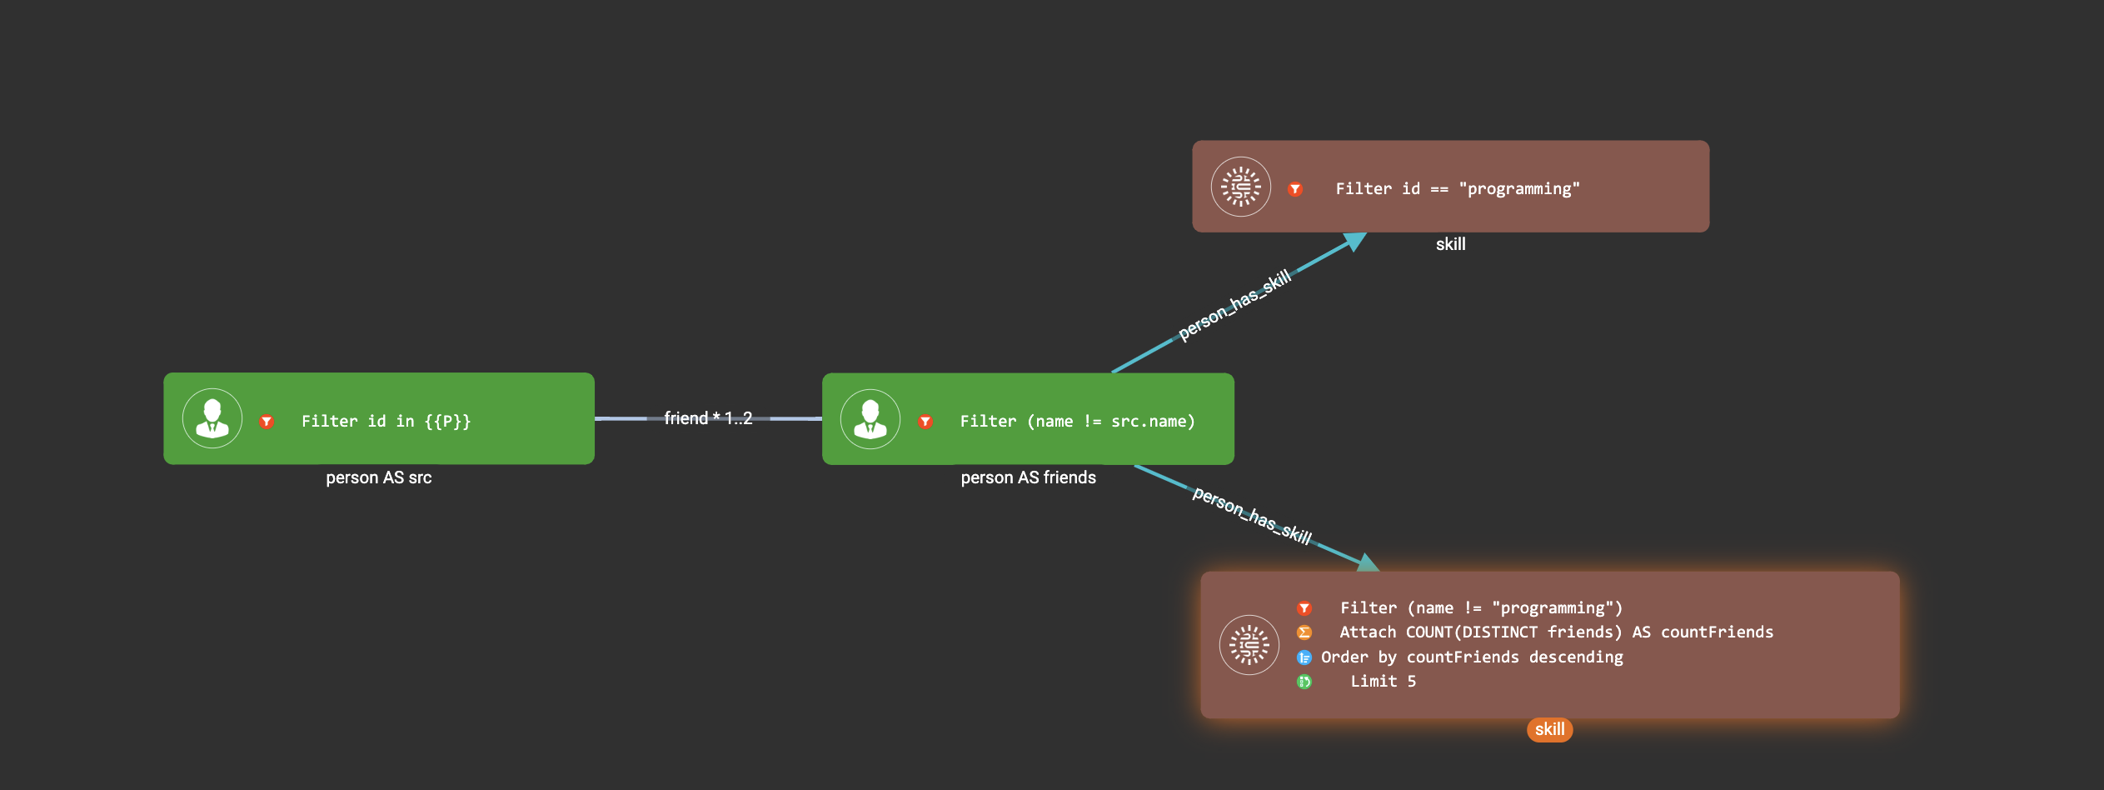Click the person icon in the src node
point(212,418)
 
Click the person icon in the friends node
point(870,418)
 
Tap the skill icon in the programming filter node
point(1240,187)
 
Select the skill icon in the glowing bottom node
point(1249,645)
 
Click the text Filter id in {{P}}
point(386,422)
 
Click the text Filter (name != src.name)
point(1077,422)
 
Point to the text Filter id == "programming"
point(1457,189)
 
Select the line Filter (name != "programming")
point(1481,608)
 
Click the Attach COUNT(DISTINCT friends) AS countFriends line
point(1556,632)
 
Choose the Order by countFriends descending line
point(1472,657)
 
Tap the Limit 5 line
point(1383,682)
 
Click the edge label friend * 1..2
point(708,418)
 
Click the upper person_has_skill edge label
point(1234,305)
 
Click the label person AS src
point(379,477)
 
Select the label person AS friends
point(1028,477)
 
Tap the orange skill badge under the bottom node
point(1549,729)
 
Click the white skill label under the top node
point(1450,244)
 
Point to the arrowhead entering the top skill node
point(1355,242)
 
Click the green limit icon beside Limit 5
point(1304,682)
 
